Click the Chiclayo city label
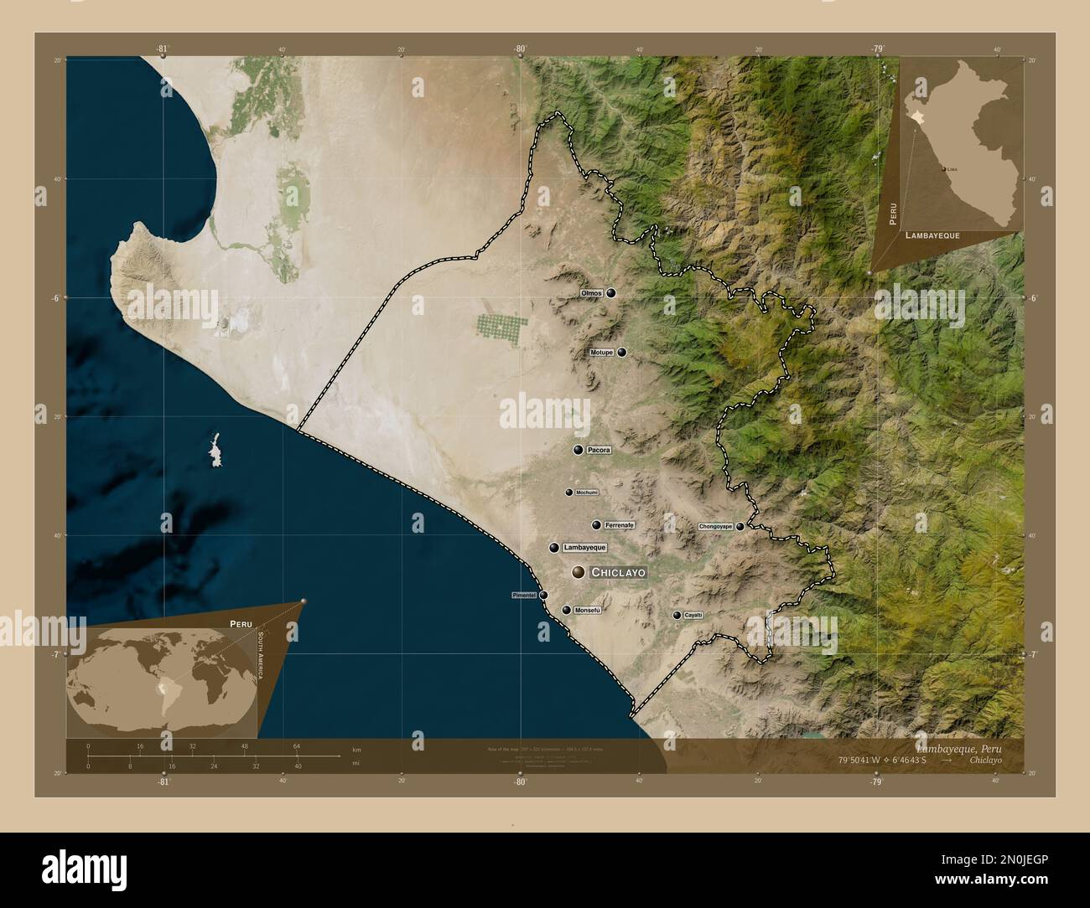tap(619, 573)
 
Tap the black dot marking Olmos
tap(611, 293)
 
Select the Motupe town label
tap(602, 353)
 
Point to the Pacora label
tap(599, 451)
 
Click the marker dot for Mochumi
tap(568, 493)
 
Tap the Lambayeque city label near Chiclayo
tap(584, 548)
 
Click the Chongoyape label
tap(716, 527)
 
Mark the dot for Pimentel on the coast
tap(543, 596)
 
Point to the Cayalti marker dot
tap(677, 616)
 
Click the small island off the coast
tap(215, 450)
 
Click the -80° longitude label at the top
tap(520, 49)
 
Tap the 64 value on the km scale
tap(297, 745)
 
